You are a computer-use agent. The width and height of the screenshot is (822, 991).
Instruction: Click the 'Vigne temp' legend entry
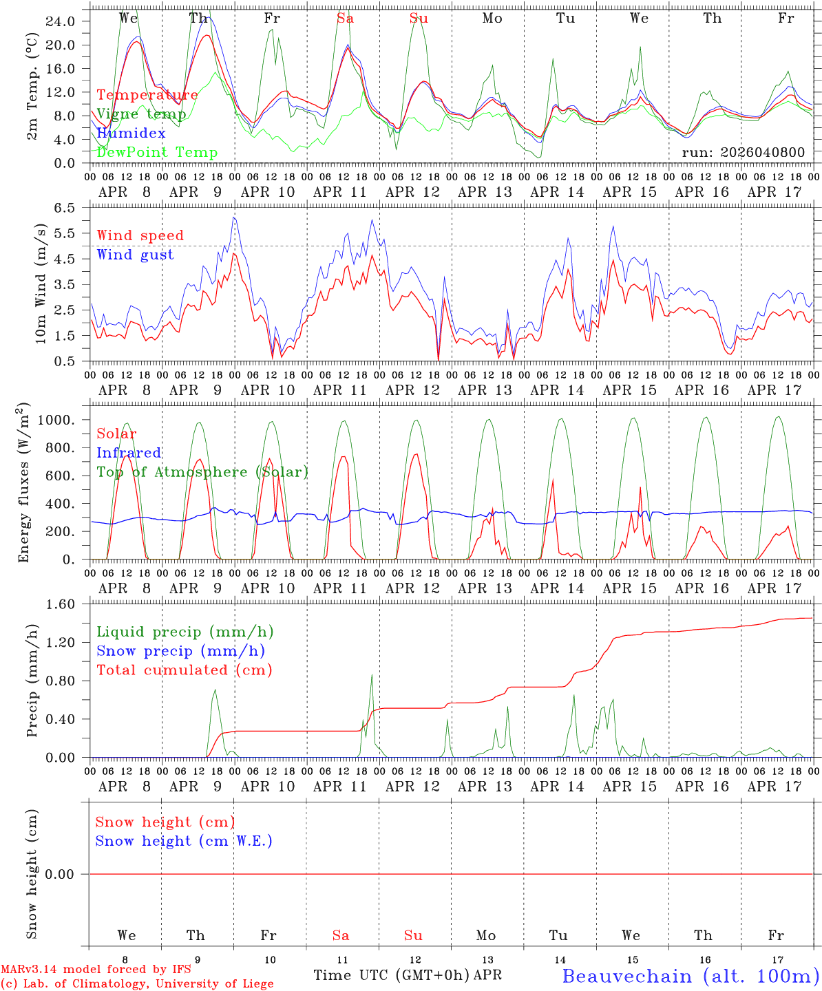coord(141,114)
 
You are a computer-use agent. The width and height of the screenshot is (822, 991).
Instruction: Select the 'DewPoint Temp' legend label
coord(157,153)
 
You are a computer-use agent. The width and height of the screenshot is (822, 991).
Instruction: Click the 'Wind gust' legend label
coord(135,255)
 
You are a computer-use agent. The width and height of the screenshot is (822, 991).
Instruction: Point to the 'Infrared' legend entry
coord(129,453)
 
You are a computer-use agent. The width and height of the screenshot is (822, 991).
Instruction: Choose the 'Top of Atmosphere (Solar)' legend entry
coord(202,472)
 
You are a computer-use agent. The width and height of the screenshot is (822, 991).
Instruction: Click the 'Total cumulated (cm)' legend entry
coord(185,670)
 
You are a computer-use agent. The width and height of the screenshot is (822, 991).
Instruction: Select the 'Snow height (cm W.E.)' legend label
coord(184,841)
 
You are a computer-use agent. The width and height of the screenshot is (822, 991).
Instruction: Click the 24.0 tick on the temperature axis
coord(61,21)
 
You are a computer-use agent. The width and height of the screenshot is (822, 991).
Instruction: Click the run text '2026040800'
coord(766,153)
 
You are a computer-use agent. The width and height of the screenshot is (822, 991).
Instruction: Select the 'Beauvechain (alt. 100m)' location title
coord(691,976)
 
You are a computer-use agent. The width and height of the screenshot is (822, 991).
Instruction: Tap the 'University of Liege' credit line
coord(137,984)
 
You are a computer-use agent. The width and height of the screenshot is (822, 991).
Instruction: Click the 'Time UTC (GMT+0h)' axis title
coord(391,975)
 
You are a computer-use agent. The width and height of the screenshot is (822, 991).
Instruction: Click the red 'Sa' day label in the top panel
coord(346,19)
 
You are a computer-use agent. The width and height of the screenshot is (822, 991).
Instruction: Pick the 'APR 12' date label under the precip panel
coord(412,787)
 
